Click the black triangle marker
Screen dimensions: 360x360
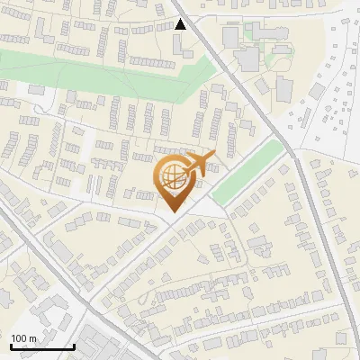tap(181, 24)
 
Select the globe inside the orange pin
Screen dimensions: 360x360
tap(172, 176)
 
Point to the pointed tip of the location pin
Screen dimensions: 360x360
tap(172, 212)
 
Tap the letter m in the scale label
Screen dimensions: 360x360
tap(33, 338)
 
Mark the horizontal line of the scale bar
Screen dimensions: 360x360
tap(42, 346)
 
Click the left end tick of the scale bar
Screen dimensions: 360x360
tap(11, 345)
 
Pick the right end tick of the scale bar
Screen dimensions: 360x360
tap(74, 345)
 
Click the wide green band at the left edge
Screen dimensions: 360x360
tap(54, 68)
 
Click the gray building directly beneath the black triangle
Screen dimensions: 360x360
tap(183, 43)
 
